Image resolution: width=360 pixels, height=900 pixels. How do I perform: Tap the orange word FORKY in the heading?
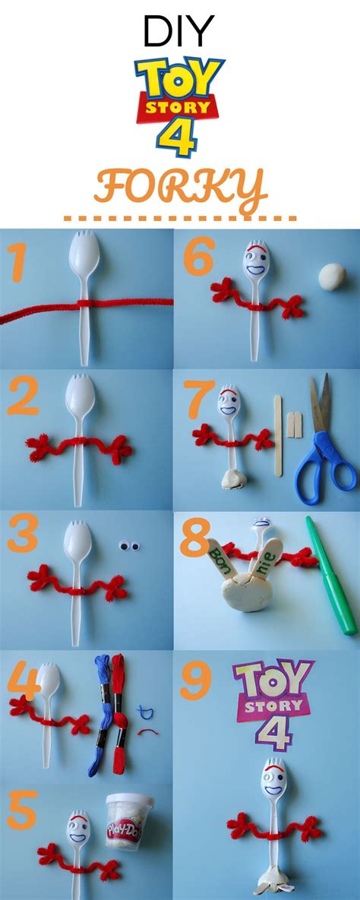point(180,186)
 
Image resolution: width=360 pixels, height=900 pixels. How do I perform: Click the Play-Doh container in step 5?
point(129,819)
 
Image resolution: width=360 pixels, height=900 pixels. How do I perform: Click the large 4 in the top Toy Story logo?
point(179,141)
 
